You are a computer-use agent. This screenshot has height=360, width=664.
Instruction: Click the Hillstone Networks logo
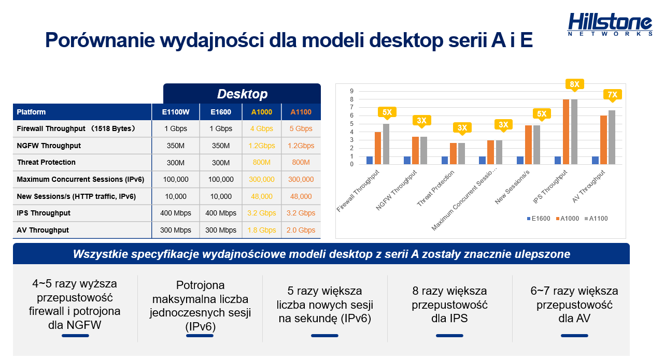[610, 24]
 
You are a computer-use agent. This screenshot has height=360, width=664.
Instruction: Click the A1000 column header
[261, 112]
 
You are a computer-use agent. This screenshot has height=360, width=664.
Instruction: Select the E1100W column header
[176, 112]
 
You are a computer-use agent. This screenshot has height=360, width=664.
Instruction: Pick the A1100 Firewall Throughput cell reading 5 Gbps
[301, 128]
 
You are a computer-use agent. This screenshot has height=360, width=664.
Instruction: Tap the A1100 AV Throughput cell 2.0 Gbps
[301, 230]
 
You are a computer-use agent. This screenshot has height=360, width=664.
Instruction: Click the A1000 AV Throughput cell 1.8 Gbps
[261, 230]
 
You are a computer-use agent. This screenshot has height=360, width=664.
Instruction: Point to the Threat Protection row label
[46, 162]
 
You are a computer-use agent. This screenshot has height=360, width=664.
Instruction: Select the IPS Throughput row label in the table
[44, 213]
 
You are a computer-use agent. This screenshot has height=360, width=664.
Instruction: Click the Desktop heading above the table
[242, 94]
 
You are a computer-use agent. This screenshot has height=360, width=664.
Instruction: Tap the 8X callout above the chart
[574, 84]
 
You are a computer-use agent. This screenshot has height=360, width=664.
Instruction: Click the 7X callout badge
[612, 95]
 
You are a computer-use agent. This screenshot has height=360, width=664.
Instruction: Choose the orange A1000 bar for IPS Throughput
[566, 132]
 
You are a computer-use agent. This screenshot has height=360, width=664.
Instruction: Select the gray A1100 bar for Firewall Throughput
[386, 144]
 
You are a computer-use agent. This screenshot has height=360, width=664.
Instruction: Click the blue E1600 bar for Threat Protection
[445, 160]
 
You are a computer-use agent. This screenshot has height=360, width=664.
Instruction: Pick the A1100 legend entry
[596, 219]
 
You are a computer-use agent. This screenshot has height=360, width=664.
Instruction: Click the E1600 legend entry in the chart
[539, 219]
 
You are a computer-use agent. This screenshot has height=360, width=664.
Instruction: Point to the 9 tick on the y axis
[351, 91]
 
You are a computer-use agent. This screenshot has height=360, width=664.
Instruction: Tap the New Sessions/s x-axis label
[512, 188]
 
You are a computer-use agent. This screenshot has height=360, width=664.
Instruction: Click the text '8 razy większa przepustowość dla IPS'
[449, 305]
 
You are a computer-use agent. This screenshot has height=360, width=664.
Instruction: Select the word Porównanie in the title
[100, 40]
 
